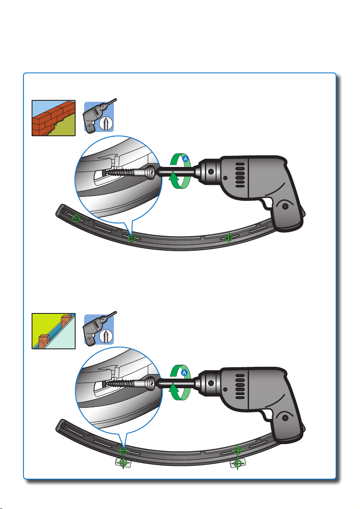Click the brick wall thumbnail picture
coord(53,118)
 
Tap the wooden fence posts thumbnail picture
coord(53,331)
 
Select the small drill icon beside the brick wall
coord(100,116)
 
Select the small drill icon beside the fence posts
coord(100,328)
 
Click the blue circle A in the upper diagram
coord(185,159)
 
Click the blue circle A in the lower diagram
coord(184,372)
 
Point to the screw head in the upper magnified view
coord(151,172)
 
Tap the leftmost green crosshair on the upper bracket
coord(76,219)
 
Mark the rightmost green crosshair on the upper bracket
coord(228,237)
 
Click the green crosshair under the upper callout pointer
coord(132,238)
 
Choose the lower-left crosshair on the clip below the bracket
coord(123,463)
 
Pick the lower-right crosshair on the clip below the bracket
coord(237,463)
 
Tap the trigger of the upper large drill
coord(267,204)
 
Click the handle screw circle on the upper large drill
coord(285,206)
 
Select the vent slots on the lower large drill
coord(240,386)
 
